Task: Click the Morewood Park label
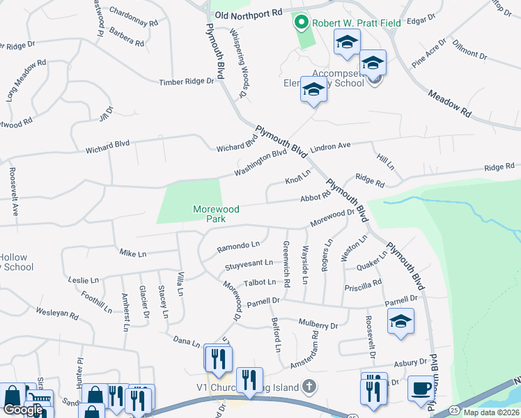pyautogui.click(x=216, y=213)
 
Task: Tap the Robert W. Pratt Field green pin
pyautogui.click(x=302, y=23)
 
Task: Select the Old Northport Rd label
pyautogui.click(x=249, y=13)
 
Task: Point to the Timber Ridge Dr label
pyautogui.click(x=187, y=82)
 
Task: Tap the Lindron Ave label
pyautogui.click(x=330, y=147)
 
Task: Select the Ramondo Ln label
pyautogui.click(x=238, y=245)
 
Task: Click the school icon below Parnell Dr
pyautogui.click(x=401, y=322)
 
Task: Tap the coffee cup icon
pyautogui.click(x=420, y=388)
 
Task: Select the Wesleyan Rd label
pyautogui.click(x=57, y=313)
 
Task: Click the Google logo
pyautogui.click(x=23, y=410)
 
